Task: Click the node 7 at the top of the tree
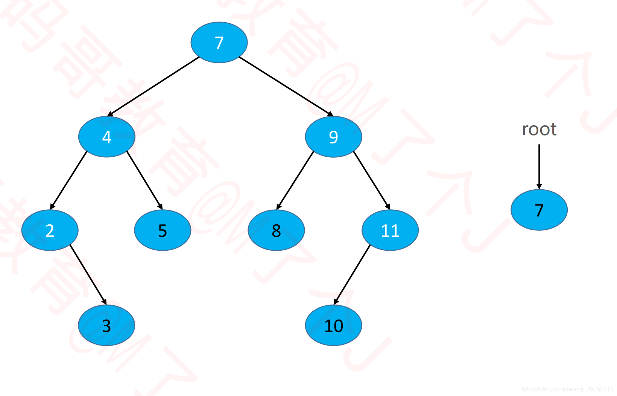click(219, 43)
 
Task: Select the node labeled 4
click(107, 137)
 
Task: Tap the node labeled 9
click(333, 137)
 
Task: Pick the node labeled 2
click(50, 230)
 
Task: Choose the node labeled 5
click(163, 230)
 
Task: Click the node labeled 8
click(276, 230)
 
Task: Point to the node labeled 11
click(390, 230)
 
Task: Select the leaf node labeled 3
click(106, 325)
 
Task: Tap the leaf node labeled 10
click(333, 325)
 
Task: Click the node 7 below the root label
click(539, 210)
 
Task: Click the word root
click(539, 129)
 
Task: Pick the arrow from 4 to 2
click(69, 180)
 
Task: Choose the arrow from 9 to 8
click(295, 180)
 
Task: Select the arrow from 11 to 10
click(352, 274)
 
